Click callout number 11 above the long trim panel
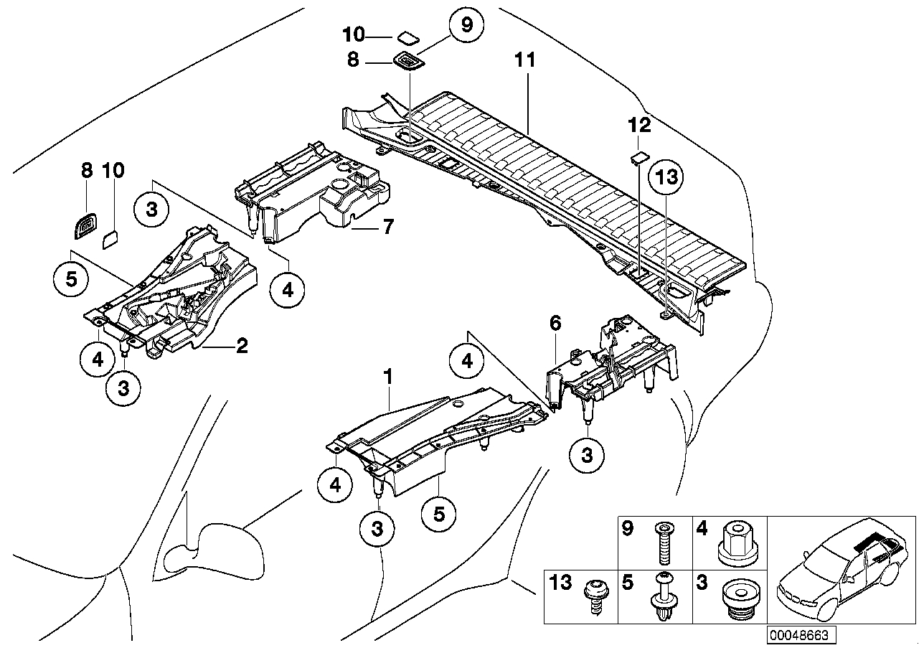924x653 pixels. [x=525, y=60]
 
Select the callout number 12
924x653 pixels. [x=639, y=125]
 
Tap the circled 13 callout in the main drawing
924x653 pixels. [x=666, y=177]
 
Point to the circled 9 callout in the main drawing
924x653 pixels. [x=466, y=25]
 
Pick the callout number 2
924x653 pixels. [x=242, y=347]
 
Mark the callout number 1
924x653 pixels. [x=388, y=375]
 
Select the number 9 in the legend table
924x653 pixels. [x=628, y=530]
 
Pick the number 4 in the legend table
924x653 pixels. [x=701, y=530]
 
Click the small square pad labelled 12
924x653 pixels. [x=640, y=156]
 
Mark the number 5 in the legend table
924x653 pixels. [x=628, y=582]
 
